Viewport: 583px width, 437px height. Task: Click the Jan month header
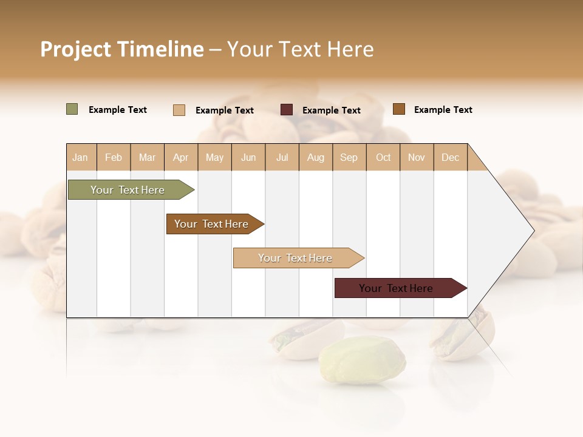[x=81, y=157]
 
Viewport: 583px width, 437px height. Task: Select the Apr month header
[x=181, y=157]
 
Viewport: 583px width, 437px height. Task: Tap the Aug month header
[x=316, y=157]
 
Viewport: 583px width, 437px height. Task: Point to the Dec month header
[x=450, y=157]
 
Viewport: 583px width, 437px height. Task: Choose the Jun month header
[x=248, y=157]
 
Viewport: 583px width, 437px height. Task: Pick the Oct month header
[x=383, y=157]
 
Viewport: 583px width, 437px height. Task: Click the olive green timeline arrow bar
[x=128, y=190]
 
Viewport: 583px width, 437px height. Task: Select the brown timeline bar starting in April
[x=213, y=224]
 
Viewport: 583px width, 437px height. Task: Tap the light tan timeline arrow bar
[x=296, y=258]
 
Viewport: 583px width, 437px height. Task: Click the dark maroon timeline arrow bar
[x=397, y=288]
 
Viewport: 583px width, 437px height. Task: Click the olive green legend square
[x=72, y=109]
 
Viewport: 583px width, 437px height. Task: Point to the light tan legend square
[x=179, y=110]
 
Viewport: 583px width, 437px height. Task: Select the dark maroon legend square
[x=287, y=110]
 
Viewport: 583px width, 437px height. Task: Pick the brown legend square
[x=399, y=109]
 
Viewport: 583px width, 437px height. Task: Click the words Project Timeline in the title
[x=122, y=49]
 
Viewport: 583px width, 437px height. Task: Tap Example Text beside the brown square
[x=443, y=110]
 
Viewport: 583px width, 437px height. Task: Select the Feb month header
[x=114, y=157]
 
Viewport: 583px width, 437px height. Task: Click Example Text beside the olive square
[x=118, y=110]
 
